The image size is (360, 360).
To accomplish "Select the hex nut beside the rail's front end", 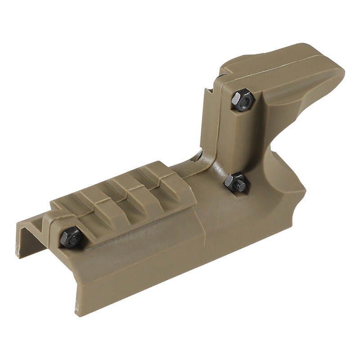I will pos(72,236).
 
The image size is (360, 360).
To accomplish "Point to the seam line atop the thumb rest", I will pos(288,63).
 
